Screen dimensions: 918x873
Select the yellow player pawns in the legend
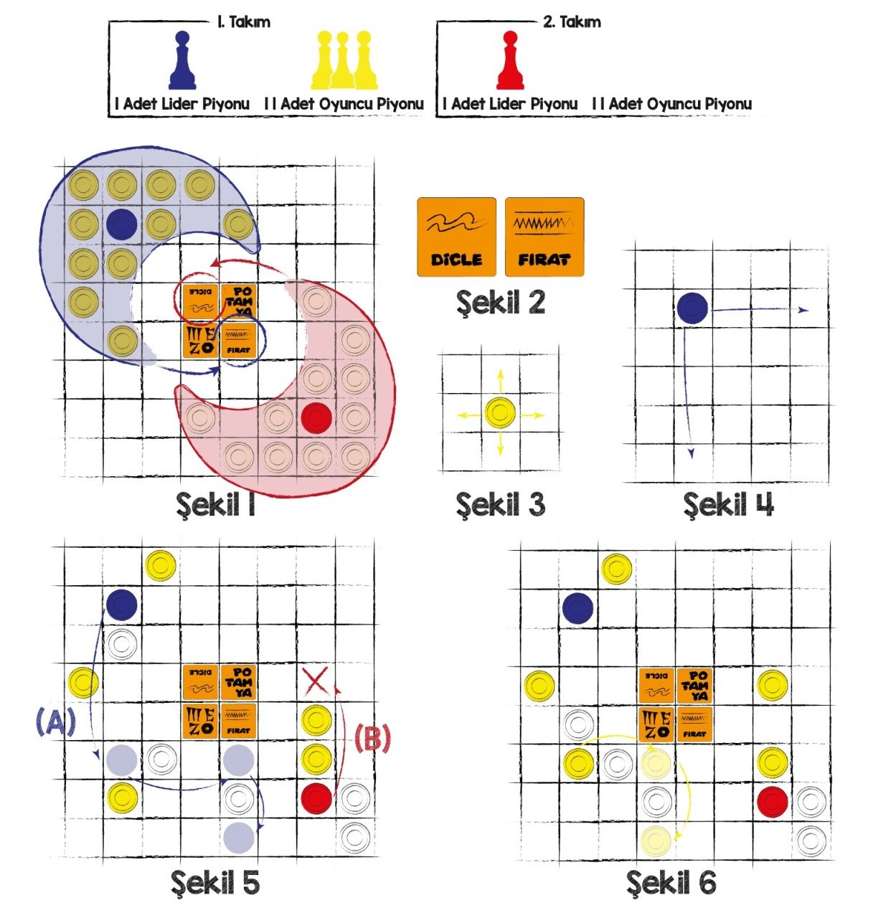click(344, 60)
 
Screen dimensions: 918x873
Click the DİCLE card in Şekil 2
click(456, 237)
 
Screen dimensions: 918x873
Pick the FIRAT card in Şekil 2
click(544, 237)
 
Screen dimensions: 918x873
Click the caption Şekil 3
click(500, 505)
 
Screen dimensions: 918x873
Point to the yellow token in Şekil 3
click(500, 414)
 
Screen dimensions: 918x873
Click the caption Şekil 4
click(728, 505)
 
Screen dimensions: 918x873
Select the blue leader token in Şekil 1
click(122, 224)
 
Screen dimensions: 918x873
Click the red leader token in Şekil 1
click(316, 418)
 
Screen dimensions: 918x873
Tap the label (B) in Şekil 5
click(373, 739)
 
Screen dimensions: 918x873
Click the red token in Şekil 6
click(773, 801)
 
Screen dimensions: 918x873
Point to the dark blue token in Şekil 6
click(578, 609)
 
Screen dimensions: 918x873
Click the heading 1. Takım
click(243, 22)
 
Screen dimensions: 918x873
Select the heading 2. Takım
click(572, 22)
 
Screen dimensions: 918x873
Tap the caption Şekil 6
click(671, 882)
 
